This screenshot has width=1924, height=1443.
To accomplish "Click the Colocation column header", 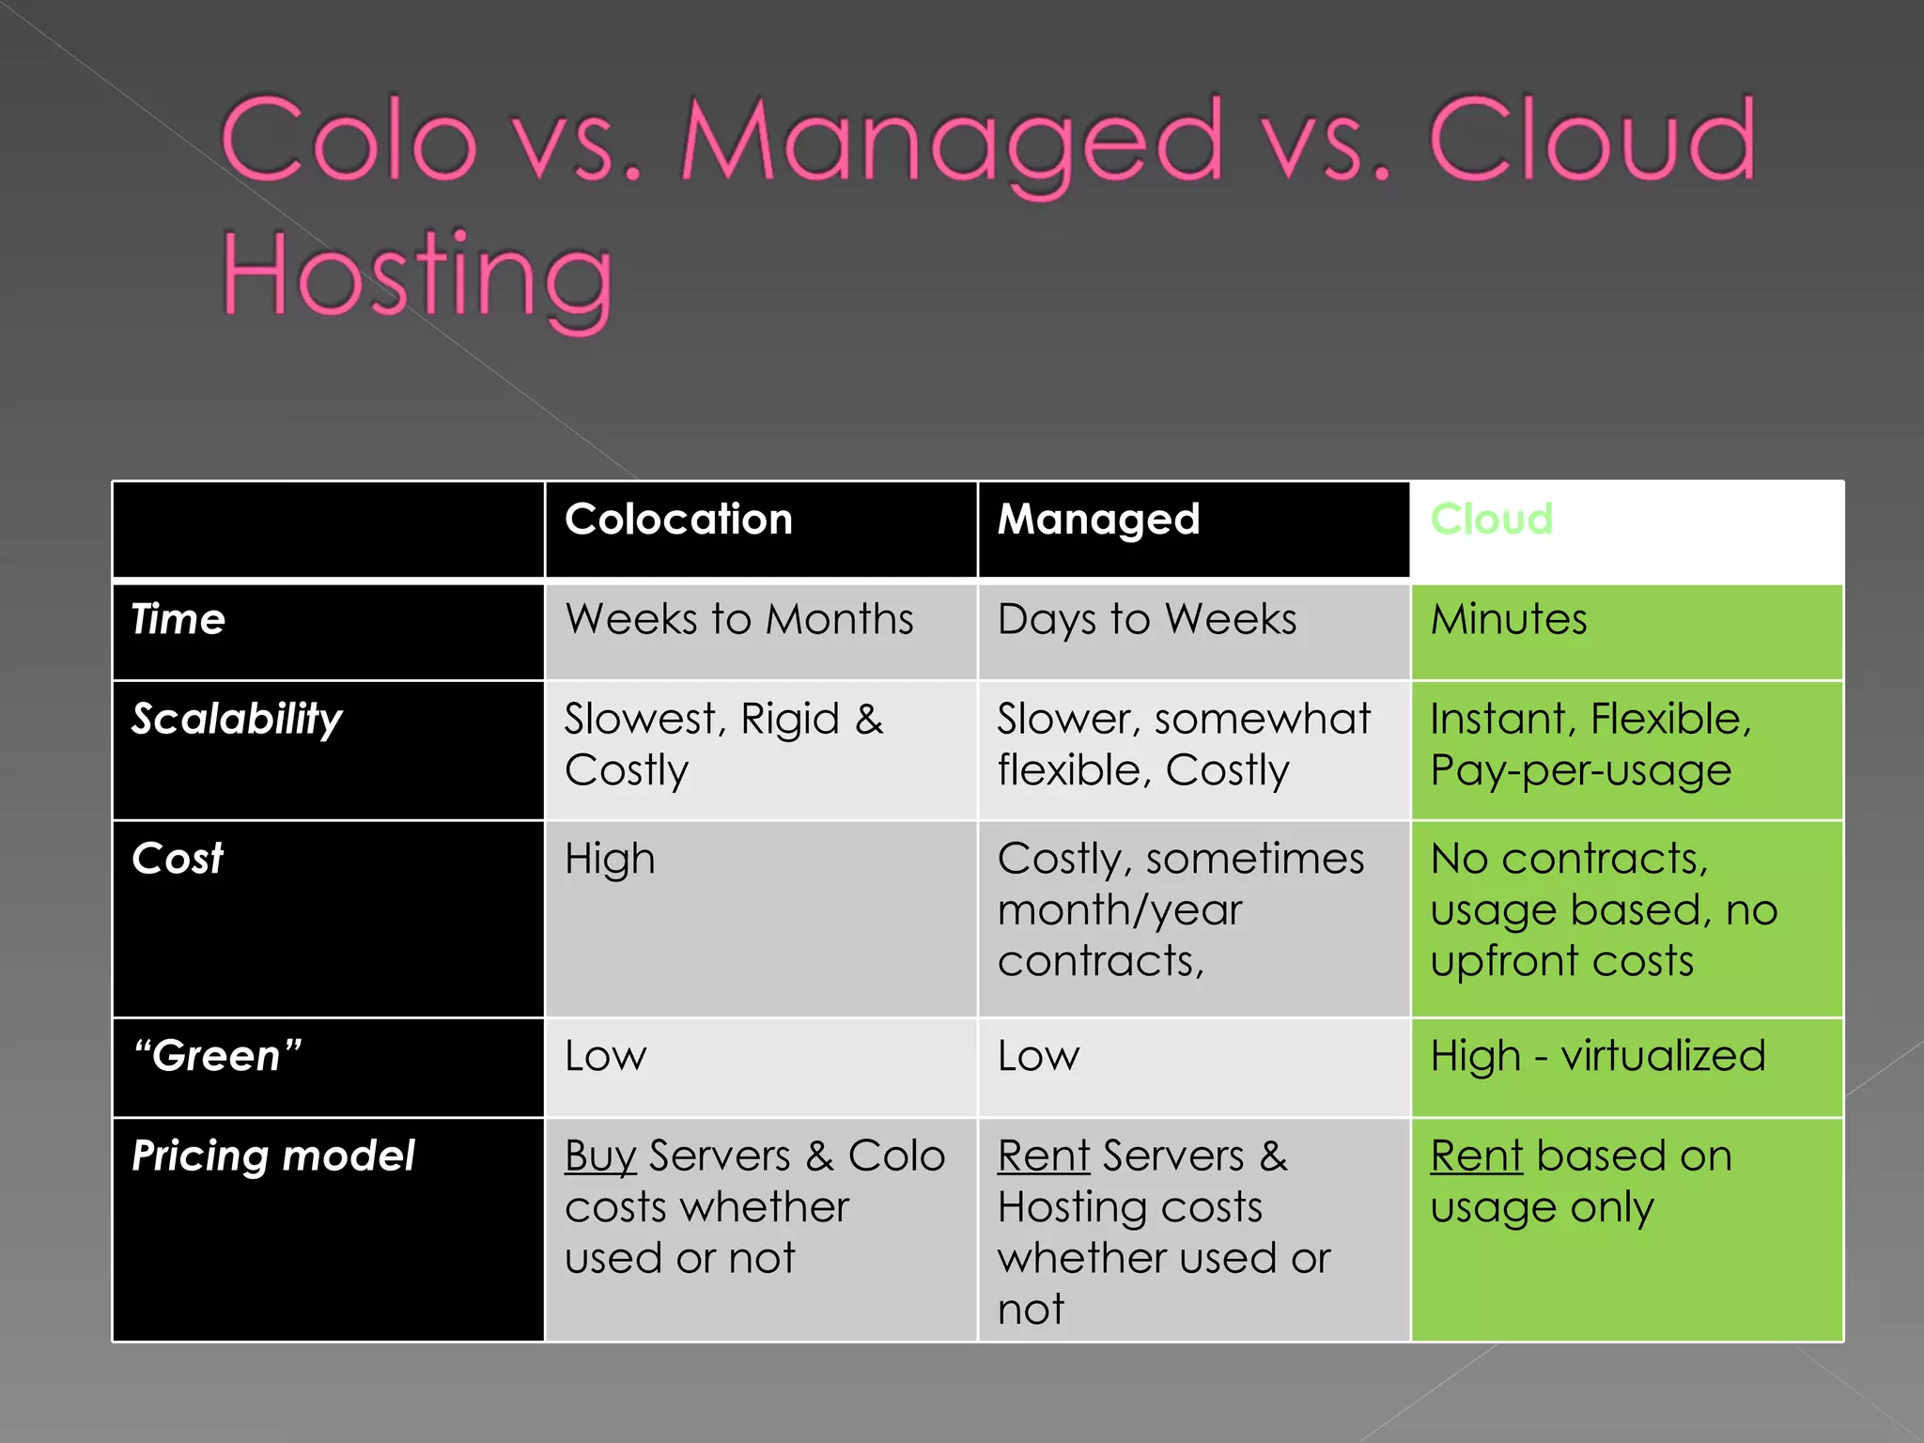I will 678,520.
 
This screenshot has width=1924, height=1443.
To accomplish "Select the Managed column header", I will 1098,520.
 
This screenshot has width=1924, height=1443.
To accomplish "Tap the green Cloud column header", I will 1491,520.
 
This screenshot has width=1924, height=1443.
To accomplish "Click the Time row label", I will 178,620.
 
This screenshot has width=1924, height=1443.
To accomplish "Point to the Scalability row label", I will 237,720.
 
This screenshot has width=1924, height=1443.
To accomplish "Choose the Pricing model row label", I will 272,1156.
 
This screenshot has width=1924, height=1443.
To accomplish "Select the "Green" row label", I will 217,1057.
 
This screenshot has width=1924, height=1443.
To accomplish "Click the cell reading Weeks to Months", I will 738,620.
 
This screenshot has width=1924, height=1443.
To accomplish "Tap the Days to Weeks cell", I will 1146,620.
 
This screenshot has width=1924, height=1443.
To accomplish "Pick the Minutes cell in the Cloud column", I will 1509,620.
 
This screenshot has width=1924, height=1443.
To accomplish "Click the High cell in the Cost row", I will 610,860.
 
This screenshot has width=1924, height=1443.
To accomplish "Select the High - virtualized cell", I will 1597,1057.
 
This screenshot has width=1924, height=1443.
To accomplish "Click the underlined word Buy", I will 600,1156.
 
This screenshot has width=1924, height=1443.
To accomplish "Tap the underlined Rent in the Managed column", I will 1044,1156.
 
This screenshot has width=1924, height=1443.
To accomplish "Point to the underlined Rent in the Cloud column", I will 1476,1156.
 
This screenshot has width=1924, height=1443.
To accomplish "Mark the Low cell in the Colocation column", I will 606,1057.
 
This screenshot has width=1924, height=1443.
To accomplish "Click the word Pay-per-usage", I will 1580,771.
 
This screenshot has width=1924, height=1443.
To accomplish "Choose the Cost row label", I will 178,860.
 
